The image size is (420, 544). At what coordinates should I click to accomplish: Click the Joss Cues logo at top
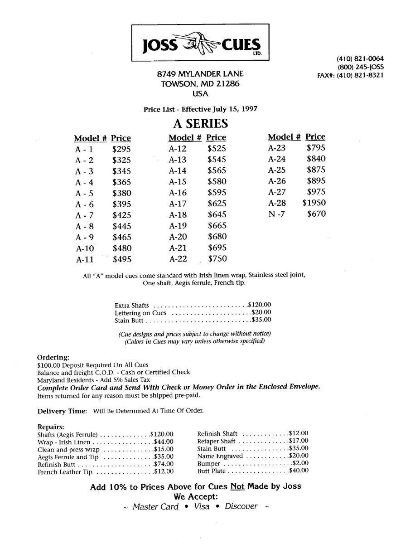(x=200, y=43)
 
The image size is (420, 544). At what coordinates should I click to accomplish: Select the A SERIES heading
(x=200, y=123)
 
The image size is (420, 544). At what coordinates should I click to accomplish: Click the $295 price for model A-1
(x=121, y=149)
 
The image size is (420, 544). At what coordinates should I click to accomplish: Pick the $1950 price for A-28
(x=314, y=203)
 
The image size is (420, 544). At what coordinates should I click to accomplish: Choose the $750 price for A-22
(x=217, y=259)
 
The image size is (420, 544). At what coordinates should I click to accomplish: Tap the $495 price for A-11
(x=121, y=259)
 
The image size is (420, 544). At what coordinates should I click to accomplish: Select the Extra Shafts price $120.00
(x=260, y=305)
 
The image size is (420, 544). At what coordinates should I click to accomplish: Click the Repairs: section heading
(x=50, y=427)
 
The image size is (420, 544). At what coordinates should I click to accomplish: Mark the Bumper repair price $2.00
(x=300, y=463)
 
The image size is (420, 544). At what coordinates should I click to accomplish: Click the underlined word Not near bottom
(x=238, y=486)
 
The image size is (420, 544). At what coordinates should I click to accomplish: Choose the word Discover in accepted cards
(x=241, y=506)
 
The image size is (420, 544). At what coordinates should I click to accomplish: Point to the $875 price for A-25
(x=316, y=170)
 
